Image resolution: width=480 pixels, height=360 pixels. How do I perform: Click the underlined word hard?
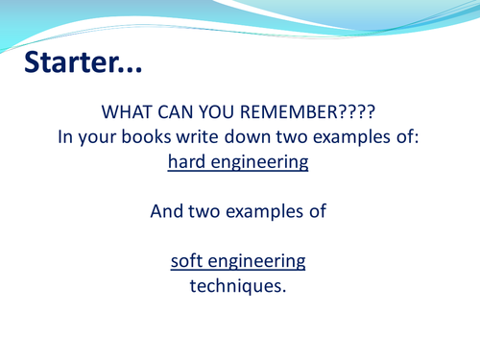coord(187,162)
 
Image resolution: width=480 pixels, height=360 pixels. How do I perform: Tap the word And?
coord(167,212)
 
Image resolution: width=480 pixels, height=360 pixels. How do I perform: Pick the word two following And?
coord(204,212)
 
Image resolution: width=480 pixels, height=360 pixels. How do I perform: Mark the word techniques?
coord(239,286)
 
